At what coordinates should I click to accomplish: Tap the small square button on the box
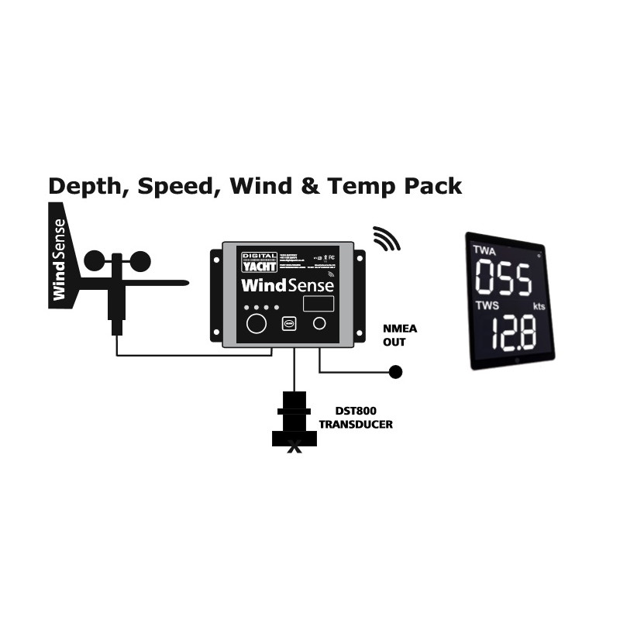point(288,324)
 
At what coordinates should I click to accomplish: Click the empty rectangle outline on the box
point(318,304)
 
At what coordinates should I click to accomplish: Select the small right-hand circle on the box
point(319,323)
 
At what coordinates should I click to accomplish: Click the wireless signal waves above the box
point(387,239)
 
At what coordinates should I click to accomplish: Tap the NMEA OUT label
point(400,335)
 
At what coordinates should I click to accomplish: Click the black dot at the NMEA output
point(395,372)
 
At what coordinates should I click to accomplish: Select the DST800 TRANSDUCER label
point(356,418)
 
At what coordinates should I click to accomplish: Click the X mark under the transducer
point(294,447)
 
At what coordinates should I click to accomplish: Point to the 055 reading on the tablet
point(503,279)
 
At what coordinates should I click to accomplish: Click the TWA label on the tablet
point(485,250)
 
